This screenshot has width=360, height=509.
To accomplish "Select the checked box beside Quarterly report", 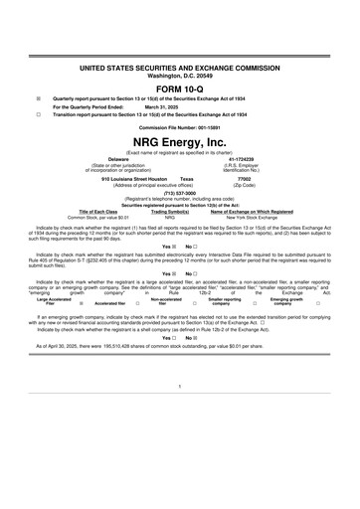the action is pyautogui.click(x=37, y=99).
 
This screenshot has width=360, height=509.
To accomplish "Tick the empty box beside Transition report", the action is pyautogui.click(x=37, y=114).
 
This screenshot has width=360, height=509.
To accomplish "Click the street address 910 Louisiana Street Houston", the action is pyautogui.click(x=132, y=179).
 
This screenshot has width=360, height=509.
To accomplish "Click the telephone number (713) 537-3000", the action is pyautogui.click(x=179, y=194).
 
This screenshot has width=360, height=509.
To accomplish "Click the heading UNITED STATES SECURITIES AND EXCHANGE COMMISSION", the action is pyautogui.click(x=179, y=65).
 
